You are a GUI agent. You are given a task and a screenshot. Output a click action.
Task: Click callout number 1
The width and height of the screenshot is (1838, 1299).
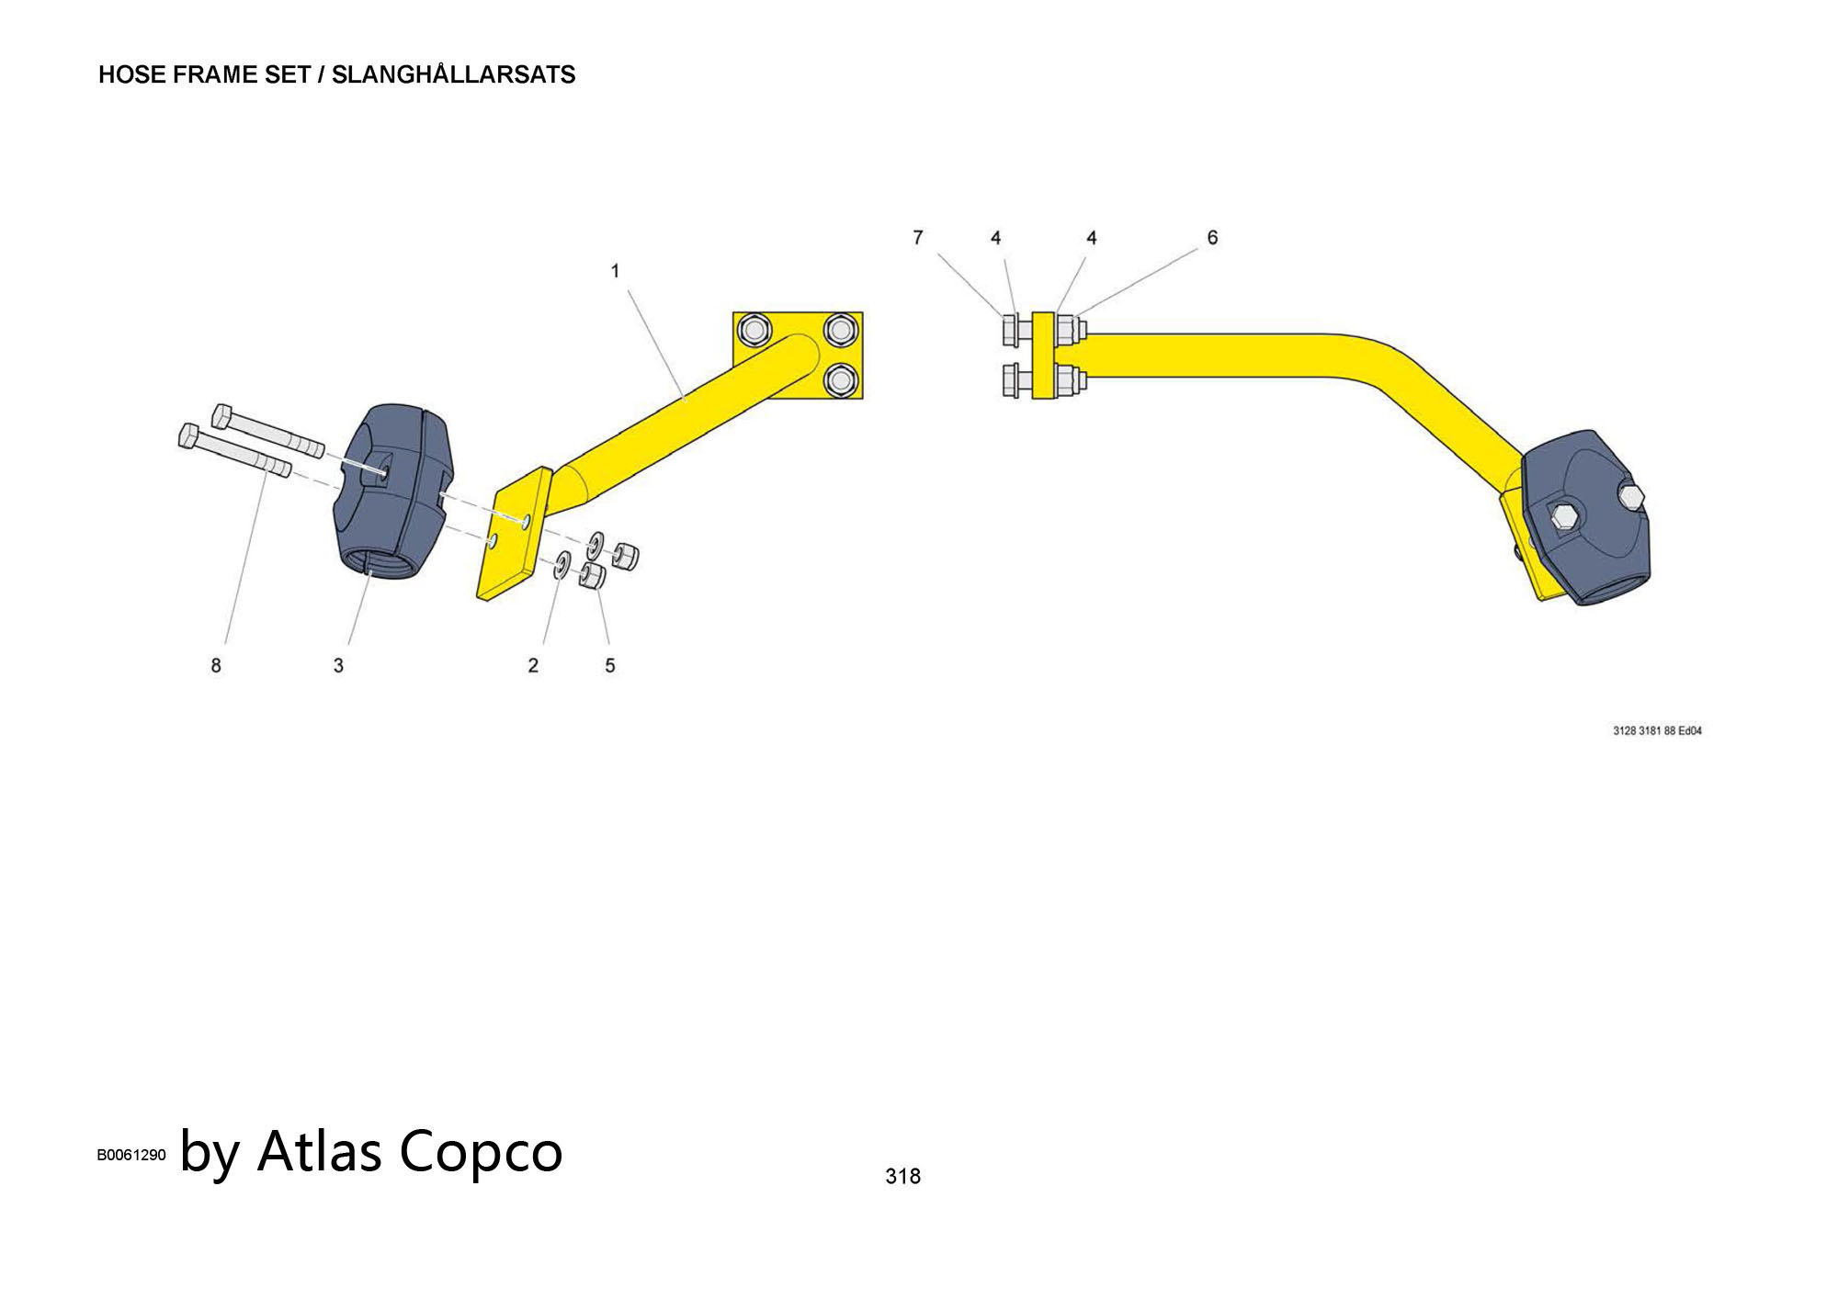click(x=615, y=271)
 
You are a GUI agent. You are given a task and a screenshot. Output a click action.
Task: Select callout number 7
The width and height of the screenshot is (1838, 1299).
click(x=917, y=238)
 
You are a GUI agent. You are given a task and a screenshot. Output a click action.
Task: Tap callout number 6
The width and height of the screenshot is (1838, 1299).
click(x=1212, y=238)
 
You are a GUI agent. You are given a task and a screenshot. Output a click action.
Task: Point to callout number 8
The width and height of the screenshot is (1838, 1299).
click(x=216, y=665)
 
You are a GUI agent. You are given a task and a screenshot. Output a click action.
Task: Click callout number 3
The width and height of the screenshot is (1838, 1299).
click(x=338, y=665)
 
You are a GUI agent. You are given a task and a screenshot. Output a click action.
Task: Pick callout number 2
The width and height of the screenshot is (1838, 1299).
click(x=533, y=665)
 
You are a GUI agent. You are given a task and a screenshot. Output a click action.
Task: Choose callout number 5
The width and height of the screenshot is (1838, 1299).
click(x=609, y=665)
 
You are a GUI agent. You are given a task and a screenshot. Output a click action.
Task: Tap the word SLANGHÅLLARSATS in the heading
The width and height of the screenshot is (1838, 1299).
click(x=453, y=75)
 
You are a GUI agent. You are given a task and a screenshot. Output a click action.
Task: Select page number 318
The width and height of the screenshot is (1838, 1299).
click(x=902, y=1176)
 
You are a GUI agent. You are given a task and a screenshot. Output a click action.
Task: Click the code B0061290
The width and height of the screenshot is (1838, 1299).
click(x=131, y=1155)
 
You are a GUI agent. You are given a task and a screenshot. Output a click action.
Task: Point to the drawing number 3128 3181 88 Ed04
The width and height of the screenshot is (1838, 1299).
click(x=1657, y=731)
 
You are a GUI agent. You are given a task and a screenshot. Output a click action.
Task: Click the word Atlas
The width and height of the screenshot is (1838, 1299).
click(x=319, y=1150)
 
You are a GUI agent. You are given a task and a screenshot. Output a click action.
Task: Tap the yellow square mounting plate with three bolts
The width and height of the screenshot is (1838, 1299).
click(x=798, y=355)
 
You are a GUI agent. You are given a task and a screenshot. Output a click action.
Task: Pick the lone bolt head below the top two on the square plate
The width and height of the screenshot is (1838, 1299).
click(x=840, y=379)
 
